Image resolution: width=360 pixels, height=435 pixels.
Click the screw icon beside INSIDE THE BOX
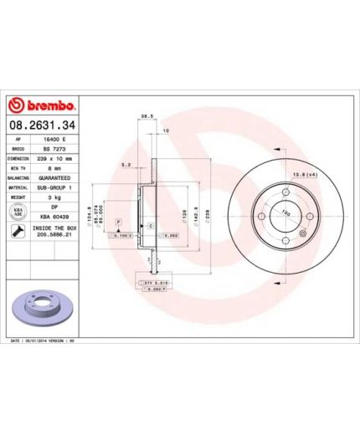18,232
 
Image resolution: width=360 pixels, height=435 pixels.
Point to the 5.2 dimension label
125,165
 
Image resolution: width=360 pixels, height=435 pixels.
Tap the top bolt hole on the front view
285,192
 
